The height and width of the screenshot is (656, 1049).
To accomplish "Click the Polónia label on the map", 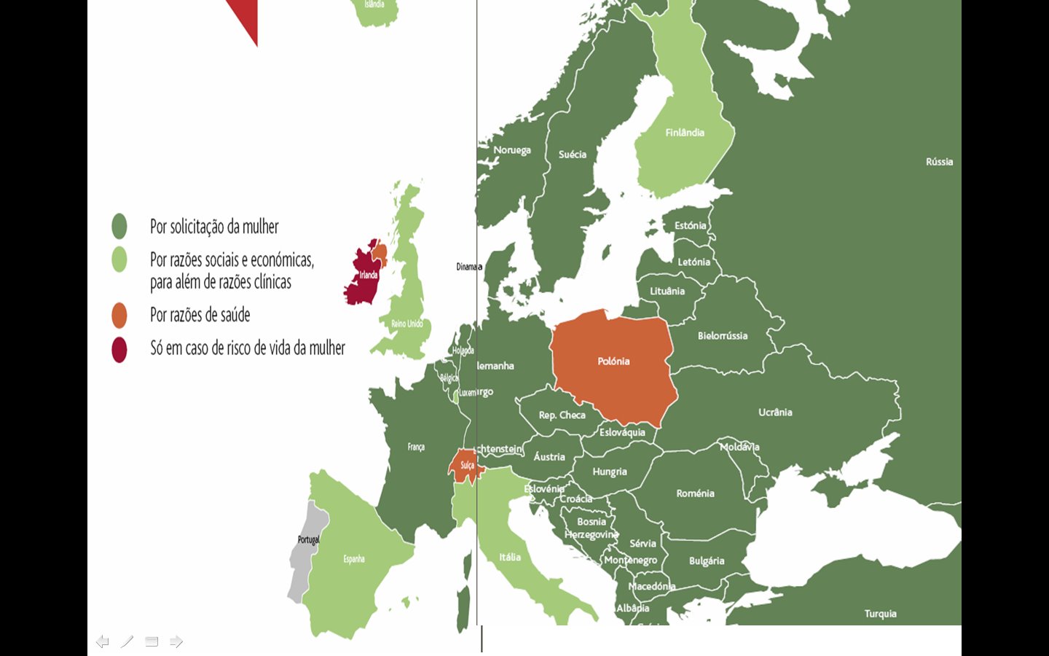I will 613,362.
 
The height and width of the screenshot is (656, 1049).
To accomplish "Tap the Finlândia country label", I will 685,133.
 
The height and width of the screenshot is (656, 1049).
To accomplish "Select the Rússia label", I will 939,162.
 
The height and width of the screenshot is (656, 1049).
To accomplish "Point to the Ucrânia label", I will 775,413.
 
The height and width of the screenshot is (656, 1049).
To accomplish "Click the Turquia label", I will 880,614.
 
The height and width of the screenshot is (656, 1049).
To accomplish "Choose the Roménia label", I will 695,493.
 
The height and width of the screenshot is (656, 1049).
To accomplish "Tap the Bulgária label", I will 707,561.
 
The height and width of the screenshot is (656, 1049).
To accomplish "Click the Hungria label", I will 610,472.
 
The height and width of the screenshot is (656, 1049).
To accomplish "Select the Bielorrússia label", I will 723,336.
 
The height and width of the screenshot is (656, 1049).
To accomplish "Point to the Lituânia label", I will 667,291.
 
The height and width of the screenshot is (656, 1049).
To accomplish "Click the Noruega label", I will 512,150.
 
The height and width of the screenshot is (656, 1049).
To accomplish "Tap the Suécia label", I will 573,155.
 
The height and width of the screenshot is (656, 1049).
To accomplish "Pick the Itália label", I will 510,557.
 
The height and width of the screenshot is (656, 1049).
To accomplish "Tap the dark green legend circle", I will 119,227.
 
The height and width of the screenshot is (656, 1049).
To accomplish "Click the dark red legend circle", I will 119,349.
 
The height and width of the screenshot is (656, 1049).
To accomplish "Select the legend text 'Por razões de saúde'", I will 200,315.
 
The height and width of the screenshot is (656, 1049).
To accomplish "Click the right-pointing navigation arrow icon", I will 176,641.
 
